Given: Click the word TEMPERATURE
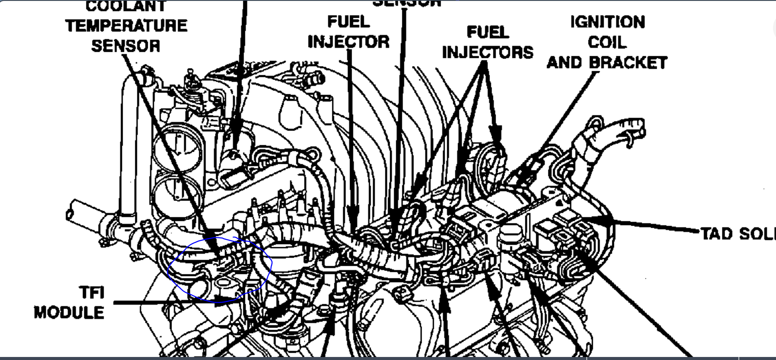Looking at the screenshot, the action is pos(127,25).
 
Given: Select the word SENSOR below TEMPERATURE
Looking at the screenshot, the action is pos(126,46).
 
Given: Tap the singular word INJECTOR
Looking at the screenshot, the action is pos(348,42).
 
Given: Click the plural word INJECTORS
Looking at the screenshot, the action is pos(487,52).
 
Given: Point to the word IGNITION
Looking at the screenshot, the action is pos(607,22).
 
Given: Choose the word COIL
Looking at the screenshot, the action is pos(607,42).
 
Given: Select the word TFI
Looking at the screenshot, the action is pos(92,293).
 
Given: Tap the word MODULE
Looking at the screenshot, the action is pos(69,312).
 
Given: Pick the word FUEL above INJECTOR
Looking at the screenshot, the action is pos(348,22).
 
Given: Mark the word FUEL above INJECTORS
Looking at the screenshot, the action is pos(487,32).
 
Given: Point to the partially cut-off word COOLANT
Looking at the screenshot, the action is pos(126,6).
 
